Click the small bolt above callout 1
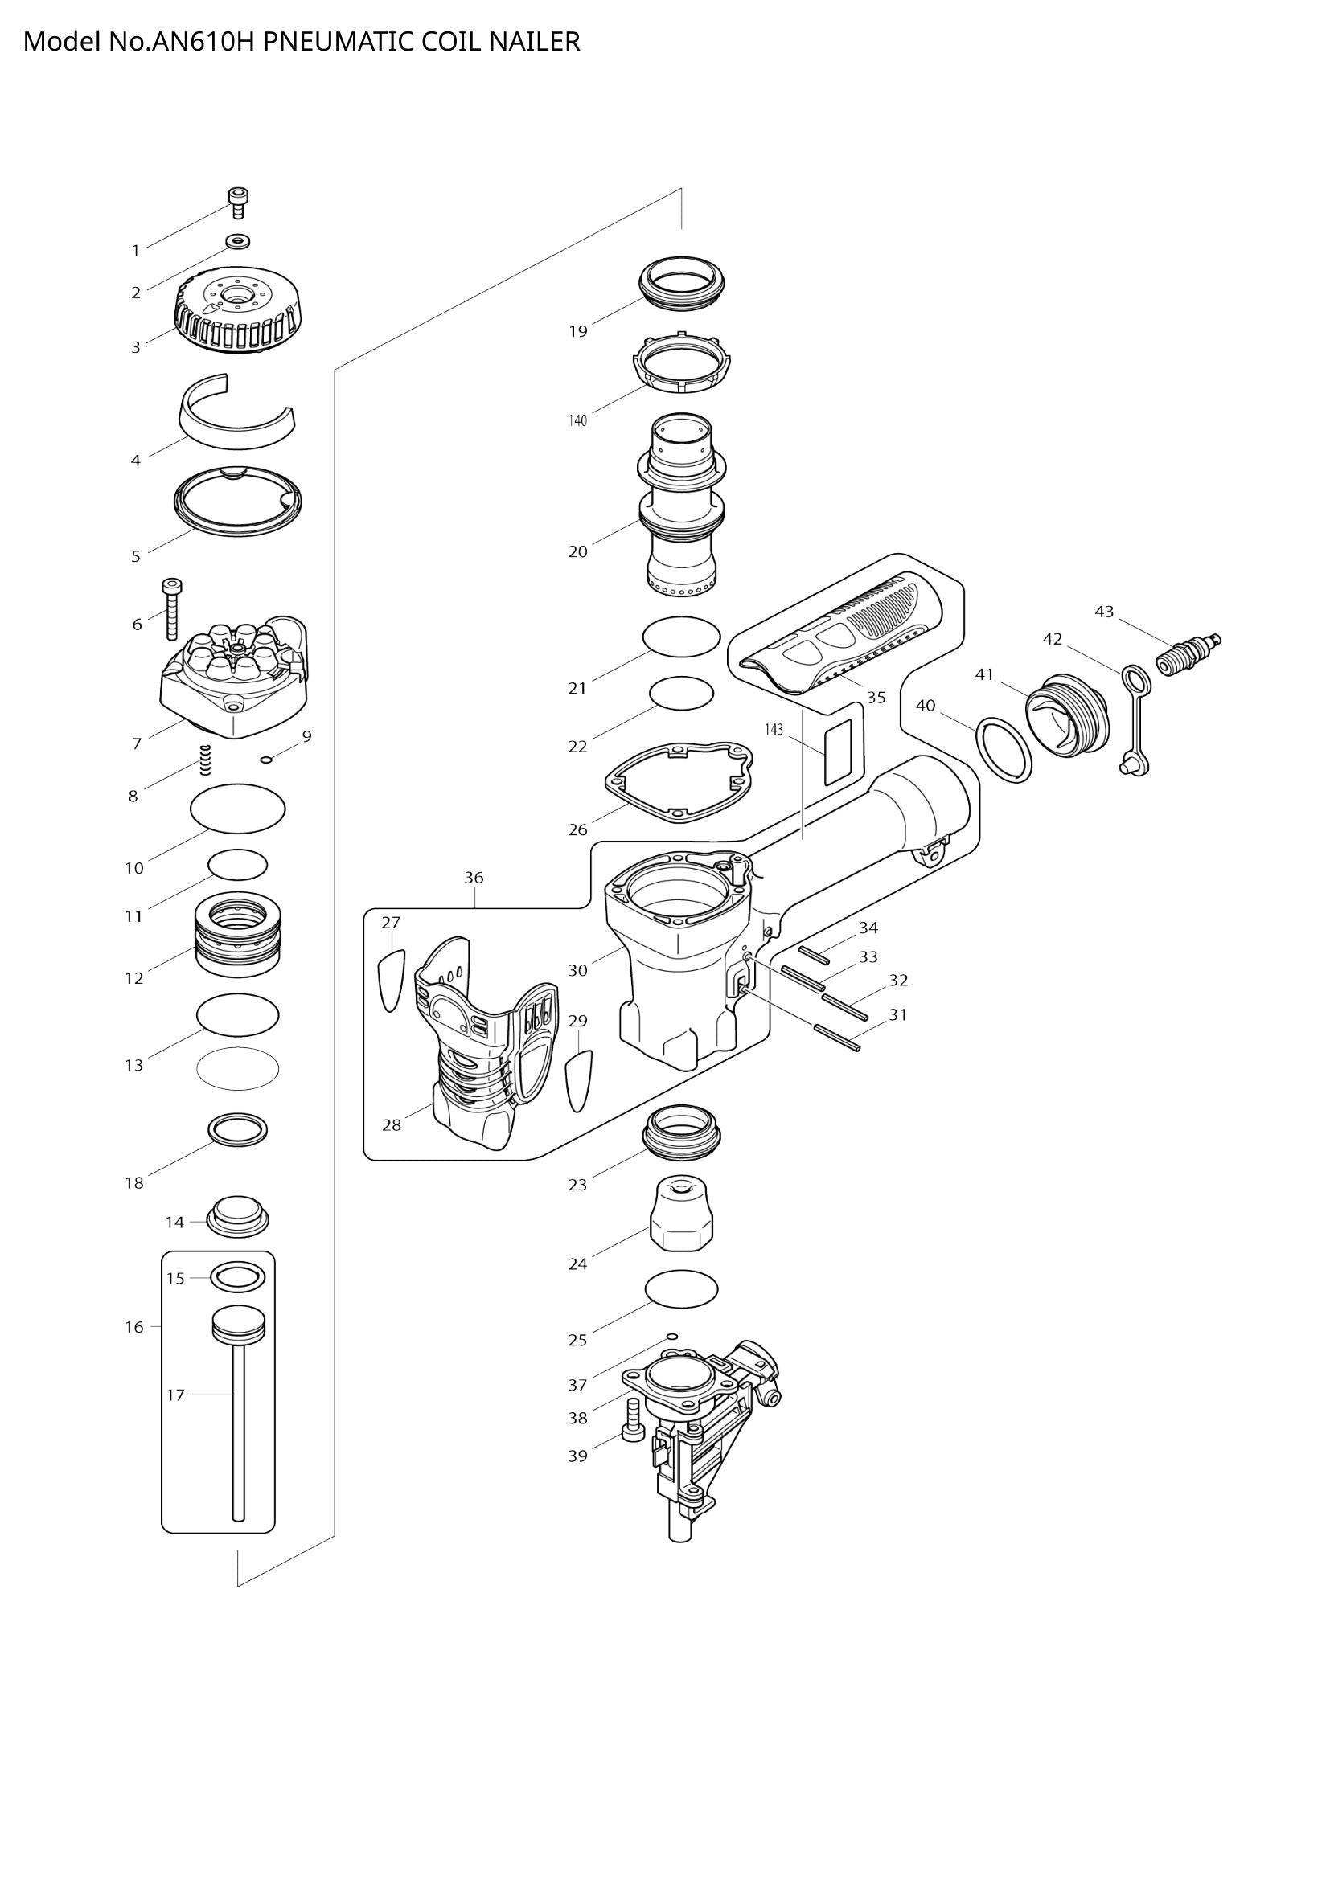[x=238, y=203]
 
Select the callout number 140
[x=577, y=421]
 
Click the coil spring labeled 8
[x=207, y=760]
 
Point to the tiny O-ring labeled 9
[x=265, y=760]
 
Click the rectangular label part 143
[x=838, y=753]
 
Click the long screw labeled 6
[x=172, y=610]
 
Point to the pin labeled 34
[x=815, y=953]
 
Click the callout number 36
[x=474, y=878]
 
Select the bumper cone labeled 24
[x=681, y=1214]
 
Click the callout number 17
[x=175, y=1395]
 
